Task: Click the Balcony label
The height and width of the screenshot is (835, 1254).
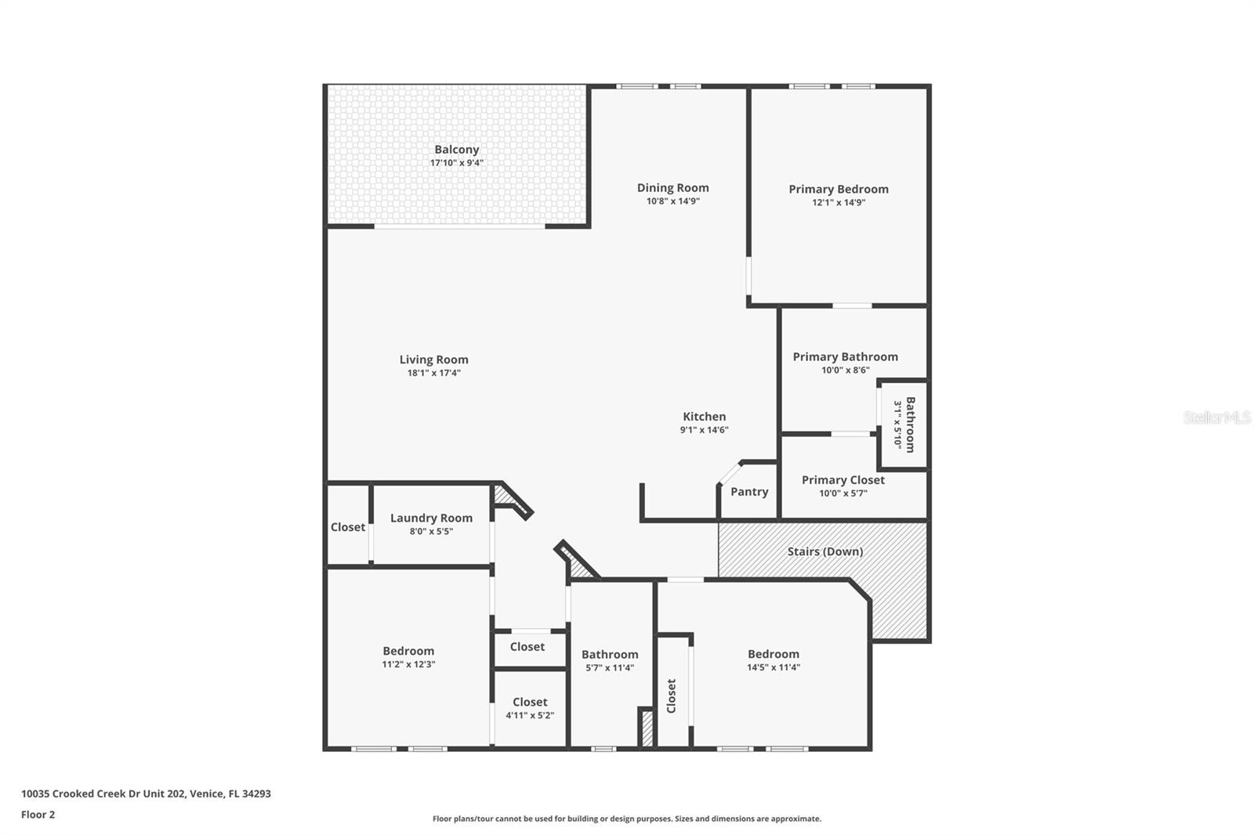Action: [457, 150]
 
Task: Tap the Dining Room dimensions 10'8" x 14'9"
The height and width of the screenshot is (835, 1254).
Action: [673, 201]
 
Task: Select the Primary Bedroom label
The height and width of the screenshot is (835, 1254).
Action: [839, 189]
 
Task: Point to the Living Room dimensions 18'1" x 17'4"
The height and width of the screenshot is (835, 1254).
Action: [434, 373]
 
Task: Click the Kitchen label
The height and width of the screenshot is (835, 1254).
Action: [705, 417]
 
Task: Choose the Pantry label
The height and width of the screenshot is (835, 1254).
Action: [749, 491]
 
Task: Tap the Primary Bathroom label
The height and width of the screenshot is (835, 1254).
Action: [846, 356]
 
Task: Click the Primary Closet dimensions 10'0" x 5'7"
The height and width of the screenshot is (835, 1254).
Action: [843, 493]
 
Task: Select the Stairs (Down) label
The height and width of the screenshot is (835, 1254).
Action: [825, 551]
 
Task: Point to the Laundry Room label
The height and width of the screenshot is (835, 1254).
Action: [431, 519]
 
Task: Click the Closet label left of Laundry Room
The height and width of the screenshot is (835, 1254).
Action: [348, 527]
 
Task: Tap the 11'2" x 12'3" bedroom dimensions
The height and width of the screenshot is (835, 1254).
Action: [408, 664]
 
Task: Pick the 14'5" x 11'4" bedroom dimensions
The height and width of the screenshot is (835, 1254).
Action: [774, 667]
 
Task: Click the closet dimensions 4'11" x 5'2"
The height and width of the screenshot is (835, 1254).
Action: [530, 715]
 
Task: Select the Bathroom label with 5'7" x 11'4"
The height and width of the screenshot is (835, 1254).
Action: [610, 654]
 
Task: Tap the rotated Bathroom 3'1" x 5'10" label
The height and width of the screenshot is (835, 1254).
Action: [904, 425]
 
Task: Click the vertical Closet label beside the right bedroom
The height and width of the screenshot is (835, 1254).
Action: [671, 696]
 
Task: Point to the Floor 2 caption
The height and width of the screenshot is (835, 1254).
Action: [38, 815]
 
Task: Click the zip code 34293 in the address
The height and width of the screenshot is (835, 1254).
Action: [256, 793]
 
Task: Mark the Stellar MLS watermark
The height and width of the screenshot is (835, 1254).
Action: [1218, 417]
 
